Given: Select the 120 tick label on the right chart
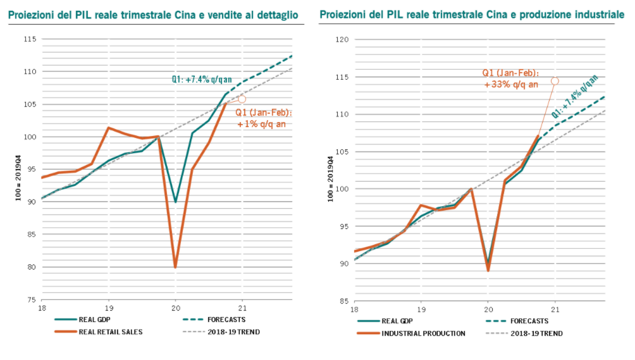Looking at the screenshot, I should (342, 40).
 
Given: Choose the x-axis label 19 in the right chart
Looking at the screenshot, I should (421, 309).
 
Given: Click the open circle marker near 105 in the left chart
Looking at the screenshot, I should (242, 99).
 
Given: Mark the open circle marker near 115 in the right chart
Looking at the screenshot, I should (555, 80).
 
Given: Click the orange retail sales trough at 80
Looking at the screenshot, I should (175, 266).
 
